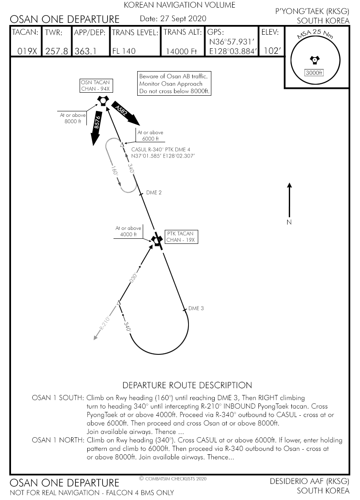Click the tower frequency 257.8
click(56, 51)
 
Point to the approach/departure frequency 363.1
click(86, 51)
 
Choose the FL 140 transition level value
click(124, 51)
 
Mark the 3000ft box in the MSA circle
click(314, 72)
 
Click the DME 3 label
click(196, 308)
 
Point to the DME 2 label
click(154, 193)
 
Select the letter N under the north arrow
click(289, 222)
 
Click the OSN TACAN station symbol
click(102, 101)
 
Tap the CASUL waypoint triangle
click(122, 145)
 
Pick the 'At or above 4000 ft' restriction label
click(128, 231)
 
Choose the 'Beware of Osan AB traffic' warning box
click(174, 83)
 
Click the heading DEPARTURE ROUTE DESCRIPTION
click(187, 385)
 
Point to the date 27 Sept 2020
click(173, 19)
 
